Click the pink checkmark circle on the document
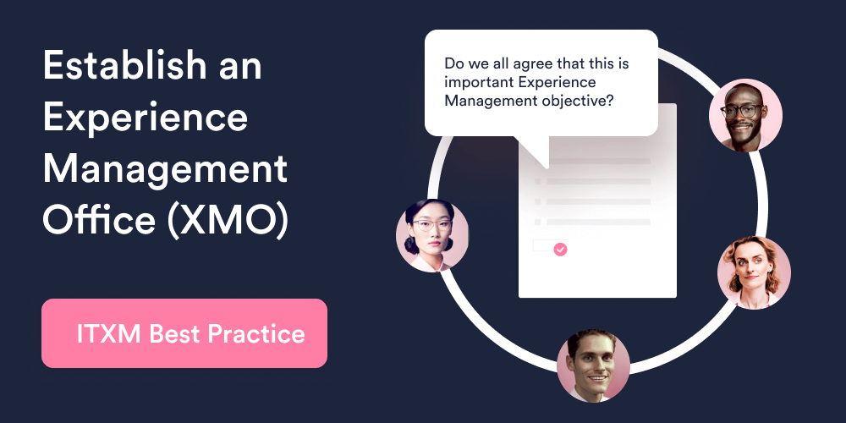[560, 249]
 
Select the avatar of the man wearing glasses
[745, 115]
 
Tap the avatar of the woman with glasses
[432, 235]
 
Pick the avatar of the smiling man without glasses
[593, 365]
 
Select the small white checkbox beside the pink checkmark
[541, 246]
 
